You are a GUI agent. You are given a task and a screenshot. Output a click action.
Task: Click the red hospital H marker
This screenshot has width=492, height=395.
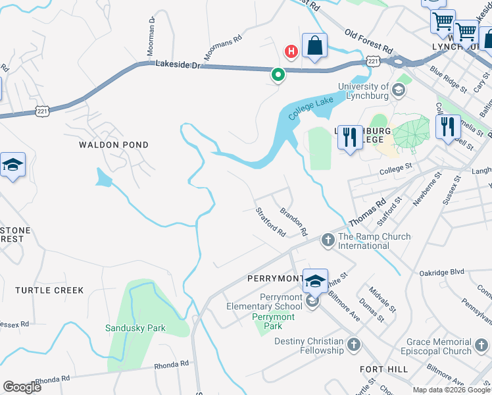290,51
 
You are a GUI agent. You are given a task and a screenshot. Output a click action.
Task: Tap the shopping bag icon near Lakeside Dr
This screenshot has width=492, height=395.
315,46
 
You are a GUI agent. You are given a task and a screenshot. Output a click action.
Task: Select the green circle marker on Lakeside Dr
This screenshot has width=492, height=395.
278,75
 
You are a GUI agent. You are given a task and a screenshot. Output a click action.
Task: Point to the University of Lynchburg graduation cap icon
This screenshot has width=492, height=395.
399,90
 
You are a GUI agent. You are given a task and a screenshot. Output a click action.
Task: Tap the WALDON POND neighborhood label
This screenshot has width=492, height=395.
114,145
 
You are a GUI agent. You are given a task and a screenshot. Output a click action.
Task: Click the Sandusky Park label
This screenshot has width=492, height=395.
135,328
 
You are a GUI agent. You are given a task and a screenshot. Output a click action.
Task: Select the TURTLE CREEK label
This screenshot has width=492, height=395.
49,290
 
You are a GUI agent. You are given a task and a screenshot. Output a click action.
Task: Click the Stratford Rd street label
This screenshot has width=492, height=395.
270,222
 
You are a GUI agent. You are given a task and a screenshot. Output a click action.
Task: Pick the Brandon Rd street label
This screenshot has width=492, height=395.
293,222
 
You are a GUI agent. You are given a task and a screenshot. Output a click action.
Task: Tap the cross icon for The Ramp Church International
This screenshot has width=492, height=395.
328,241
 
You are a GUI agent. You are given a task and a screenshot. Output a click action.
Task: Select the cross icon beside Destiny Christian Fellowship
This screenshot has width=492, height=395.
354,344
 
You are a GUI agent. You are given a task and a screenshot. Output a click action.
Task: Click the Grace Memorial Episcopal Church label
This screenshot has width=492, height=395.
439,346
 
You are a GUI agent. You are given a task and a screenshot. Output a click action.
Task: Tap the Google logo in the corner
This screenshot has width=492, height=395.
22,387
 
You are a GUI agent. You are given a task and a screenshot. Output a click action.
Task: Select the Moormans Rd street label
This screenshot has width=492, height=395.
223,48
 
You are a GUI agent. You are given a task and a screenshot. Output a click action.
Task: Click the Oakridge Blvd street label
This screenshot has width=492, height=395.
442,272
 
